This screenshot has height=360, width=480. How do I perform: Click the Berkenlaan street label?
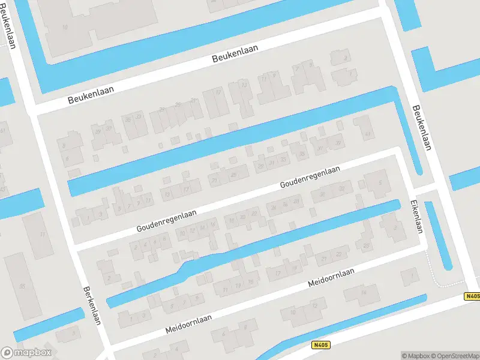(91, 305)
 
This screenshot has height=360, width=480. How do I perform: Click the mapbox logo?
(26, 353)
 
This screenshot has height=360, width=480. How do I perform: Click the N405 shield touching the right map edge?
(472, 296)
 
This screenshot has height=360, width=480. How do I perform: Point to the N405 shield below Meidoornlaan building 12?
(321, 345)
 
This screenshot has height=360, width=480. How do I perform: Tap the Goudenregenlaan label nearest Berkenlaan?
(166, 219)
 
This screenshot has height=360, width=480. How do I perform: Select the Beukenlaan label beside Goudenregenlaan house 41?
(422, 128)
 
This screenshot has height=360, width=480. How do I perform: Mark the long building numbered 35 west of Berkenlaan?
(23, 286)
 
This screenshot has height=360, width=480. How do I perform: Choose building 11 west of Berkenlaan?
(41, 235)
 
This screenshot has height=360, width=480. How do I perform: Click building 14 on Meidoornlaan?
(364, 293)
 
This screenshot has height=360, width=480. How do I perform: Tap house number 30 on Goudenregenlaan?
(323, 194)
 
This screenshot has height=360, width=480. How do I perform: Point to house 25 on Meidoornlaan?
(365, 245)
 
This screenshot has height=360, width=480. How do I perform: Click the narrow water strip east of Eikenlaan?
(439, 235)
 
